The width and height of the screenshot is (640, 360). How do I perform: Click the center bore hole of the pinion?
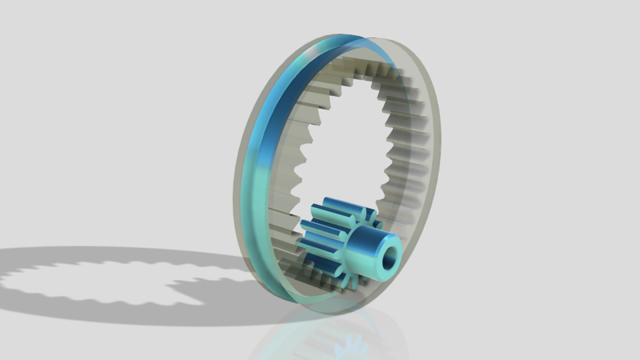[388, 255]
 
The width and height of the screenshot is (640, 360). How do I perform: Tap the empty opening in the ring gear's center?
[347, 140]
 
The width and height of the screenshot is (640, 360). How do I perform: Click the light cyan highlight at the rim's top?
[313, 50]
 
